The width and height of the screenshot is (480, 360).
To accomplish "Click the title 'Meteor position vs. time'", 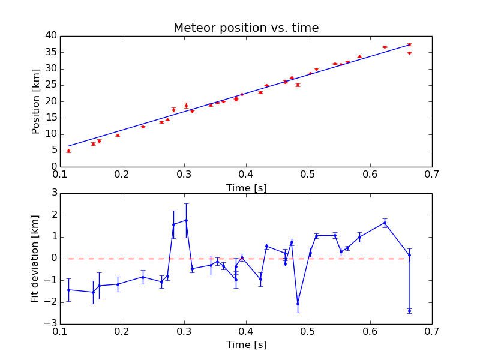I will tap(246, 28).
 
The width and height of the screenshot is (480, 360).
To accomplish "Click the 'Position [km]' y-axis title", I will tap(35, 101).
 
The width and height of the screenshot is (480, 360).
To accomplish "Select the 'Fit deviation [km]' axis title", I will tap(35, 259).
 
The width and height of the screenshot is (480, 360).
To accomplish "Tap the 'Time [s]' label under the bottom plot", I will tap(246, 345).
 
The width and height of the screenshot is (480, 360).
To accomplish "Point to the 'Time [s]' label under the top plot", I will tap(246, 188).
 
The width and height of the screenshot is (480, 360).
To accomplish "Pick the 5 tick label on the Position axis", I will tap(52, 150).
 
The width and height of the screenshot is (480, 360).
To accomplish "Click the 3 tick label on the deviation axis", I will tap(53, 193).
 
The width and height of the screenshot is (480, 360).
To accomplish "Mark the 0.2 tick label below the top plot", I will tap(122, 175).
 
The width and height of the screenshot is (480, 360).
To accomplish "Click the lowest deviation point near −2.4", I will tap(409, 311).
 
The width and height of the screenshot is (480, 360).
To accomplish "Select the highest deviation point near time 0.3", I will tap(186, 220).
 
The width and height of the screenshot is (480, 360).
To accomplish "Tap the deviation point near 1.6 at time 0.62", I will tap(385, 223).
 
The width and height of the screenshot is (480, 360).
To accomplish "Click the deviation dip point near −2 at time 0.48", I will tap(298, 304).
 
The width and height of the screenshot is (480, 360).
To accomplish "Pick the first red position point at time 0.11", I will tap(68, 151).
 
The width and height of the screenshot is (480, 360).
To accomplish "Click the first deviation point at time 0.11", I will tap(68, 290).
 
